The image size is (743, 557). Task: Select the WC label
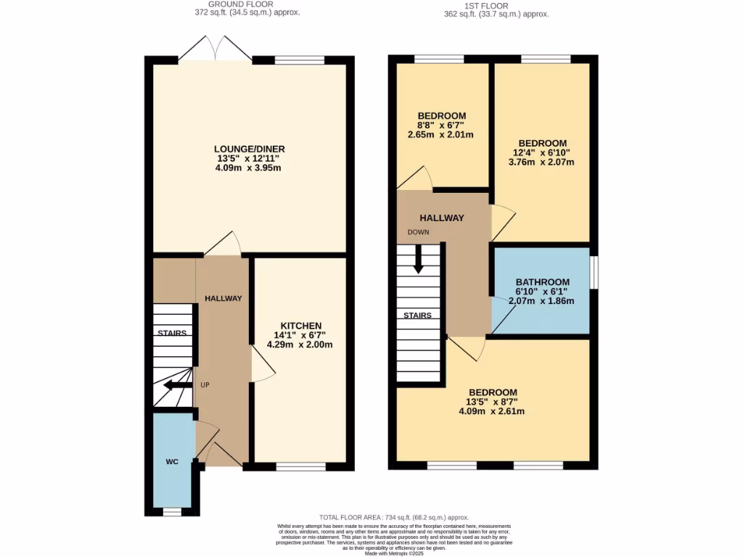pyautogui.click(x=172, y=461)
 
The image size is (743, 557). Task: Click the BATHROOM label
pyautogui.click(x=542, y=282)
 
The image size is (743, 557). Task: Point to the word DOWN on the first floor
pyautogui.click(x=418, y=233)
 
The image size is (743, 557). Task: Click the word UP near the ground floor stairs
pyautogui.click(x=205, y=385)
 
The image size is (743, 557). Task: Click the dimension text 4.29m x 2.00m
pyautogui.click(x=300, y=344)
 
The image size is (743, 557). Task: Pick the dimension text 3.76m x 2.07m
pyautogui.click(x=542, y=162)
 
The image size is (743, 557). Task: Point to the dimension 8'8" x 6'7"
pyautogui.click(x=441, y=125)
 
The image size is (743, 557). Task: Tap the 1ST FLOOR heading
pyautogui.click(x=496, y=4)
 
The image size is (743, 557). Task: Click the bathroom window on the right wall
pyautogui.click(x=594, y=271)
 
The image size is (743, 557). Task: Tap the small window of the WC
pyautogui.click(x=172, y=511)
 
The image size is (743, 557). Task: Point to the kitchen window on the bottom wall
pyautogui.click(x=300, y=467)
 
